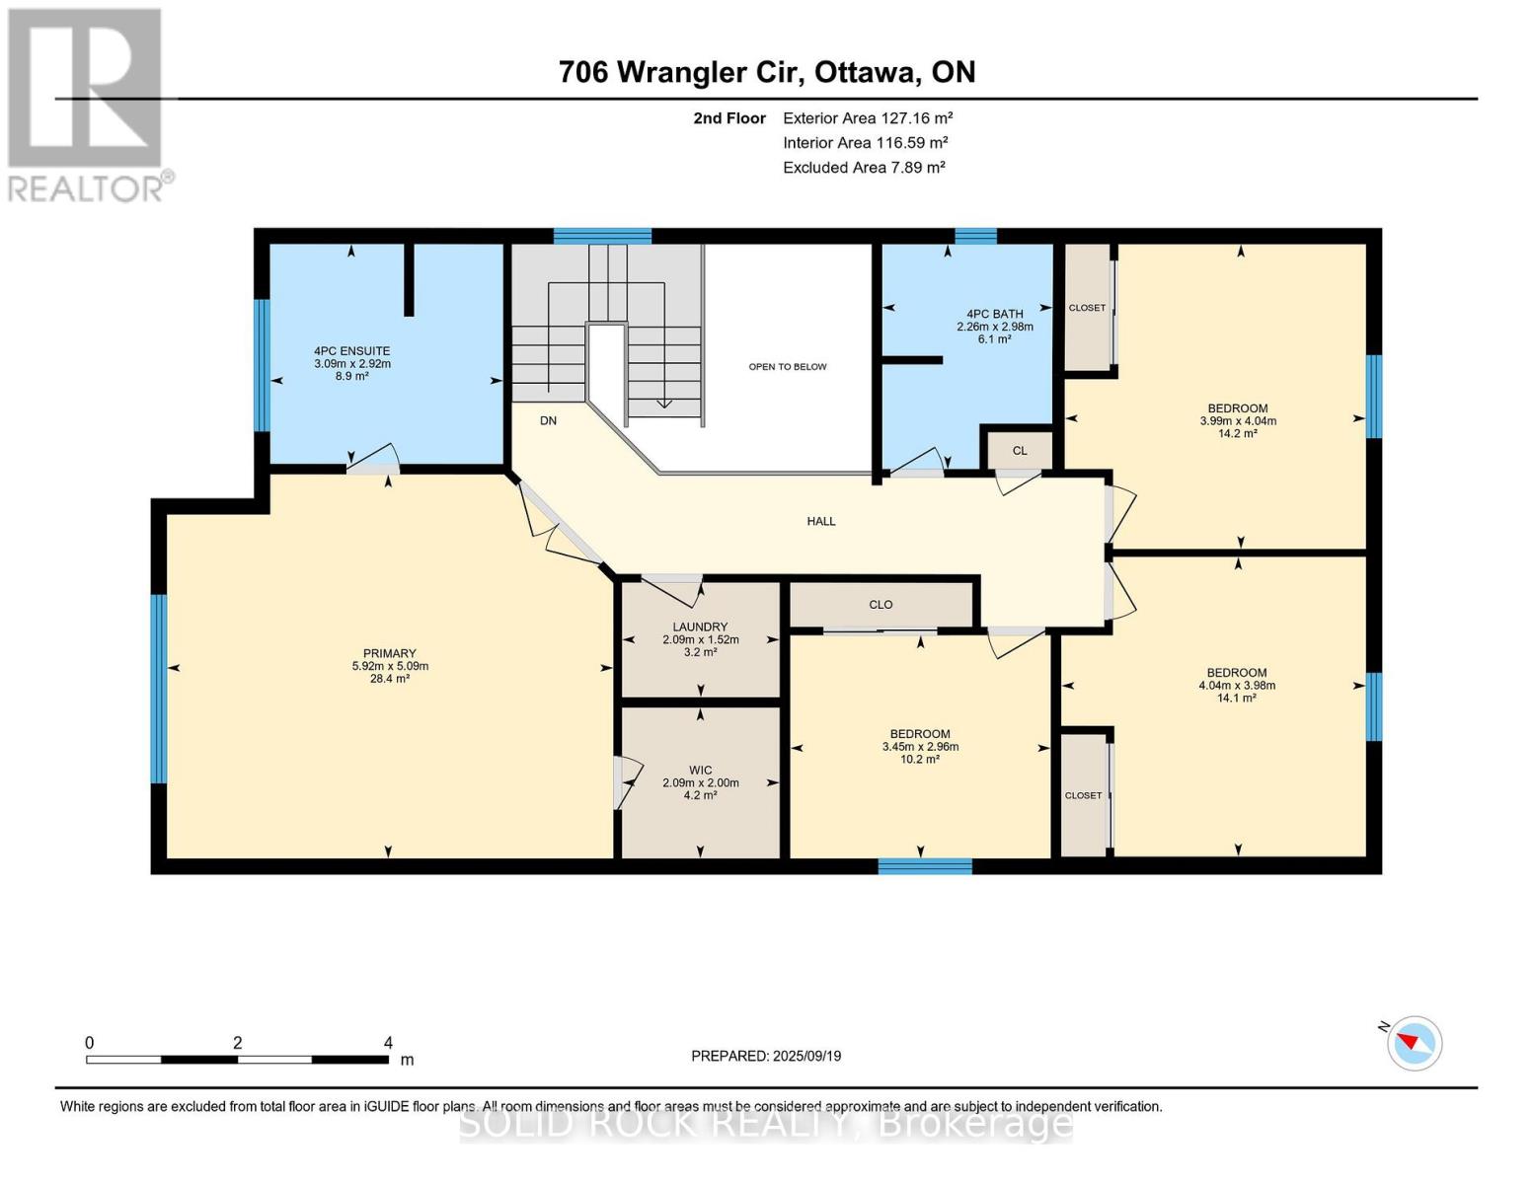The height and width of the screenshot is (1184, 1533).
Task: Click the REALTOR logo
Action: pyautogui.click(x=90, y=105)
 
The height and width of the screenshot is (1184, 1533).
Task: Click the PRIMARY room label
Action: pyautogui.click(x=390, y=654)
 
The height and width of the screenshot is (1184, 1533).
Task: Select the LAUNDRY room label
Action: pyautogui.click(x=700, y=627)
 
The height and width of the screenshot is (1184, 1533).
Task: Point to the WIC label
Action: pyautogui.click(x=701, y=770)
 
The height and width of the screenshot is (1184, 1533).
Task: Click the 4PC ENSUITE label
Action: pyautogui.click(x=352, y=351)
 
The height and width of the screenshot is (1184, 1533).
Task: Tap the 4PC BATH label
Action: pyautogui.click(x=995, y=314)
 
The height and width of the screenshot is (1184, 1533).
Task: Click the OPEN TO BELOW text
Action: pyautogui.click(x=788, y=367)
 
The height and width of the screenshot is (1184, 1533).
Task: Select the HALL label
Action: pyautogui.click(x=821, y=521)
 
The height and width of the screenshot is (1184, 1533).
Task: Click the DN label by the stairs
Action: pyautogui.click(x=548, y=421)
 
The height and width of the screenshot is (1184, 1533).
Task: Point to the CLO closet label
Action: pyautogui.click(x=881, y=605)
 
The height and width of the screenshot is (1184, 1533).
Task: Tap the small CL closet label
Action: pyautogui.click(x=1020, y=451)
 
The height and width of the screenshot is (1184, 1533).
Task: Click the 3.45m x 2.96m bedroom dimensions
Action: pyautogui.click(x=920, y=747)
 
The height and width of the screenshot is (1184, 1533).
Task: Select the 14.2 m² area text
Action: pyautogui.click(x=1238, y=434)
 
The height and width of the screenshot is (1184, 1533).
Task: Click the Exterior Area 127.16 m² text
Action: pyautogui.click(x=868, y=118)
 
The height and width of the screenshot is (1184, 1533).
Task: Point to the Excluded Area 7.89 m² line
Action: pyautogui.click(x=864, y=168)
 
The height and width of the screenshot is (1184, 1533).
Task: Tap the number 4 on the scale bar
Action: pyautogui.click(x=388, y=1042)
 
